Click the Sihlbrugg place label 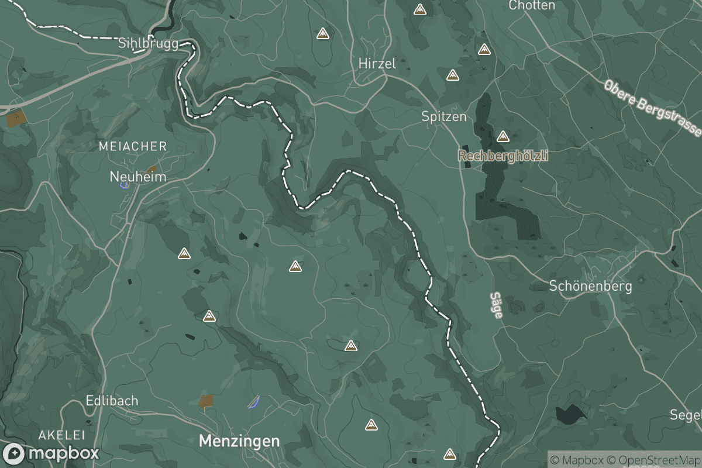tap(148, 44)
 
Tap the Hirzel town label tap(377, 64)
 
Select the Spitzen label tap(444, 116)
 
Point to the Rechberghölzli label tap(503, 156)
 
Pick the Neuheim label tap(138, 176)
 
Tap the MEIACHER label tap(133, 146)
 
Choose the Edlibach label tap(112, 401)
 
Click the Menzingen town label tap(239, 441)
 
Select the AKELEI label tap(62, 435)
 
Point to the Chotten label tap(532, 5)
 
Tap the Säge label tap(497, 305)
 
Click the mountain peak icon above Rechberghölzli tap(503, 137)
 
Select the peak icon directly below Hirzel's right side tap(452, 75)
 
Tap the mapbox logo tap(51, 453)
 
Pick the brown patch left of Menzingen tap(205, 401)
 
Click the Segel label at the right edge tap(686, 415)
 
